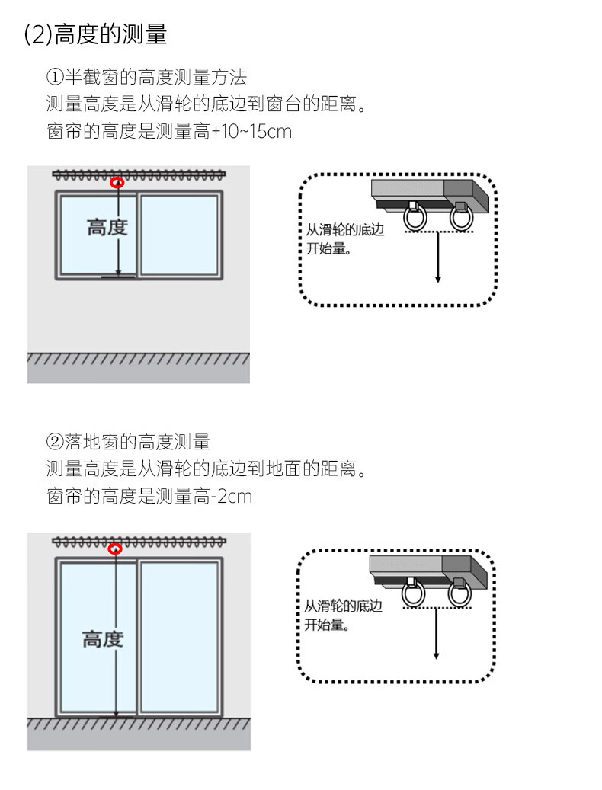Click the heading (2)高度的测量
(x=96, y=35)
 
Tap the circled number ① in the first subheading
(x=54, y=77)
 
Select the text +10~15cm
(x=251, y=132)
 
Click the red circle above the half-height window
(x=118, y=182)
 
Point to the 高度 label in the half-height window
(x=107, y=227)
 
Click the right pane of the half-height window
(x=179, y=235)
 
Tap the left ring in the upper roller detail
(x=415, y=218)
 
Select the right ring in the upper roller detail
(x=462, y=218)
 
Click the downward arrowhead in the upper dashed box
(x=437, y=279)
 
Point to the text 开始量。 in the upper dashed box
(x=328, y=248)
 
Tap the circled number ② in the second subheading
(x=54, y=442)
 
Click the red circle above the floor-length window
(x=116, y=549)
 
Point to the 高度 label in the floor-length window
(x=103, y=639)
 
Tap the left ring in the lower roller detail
(x=414, y=594)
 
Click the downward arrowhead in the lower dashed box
(x=437, y=655)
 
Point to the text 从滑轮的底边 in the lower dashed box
(x=344, y=606)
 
